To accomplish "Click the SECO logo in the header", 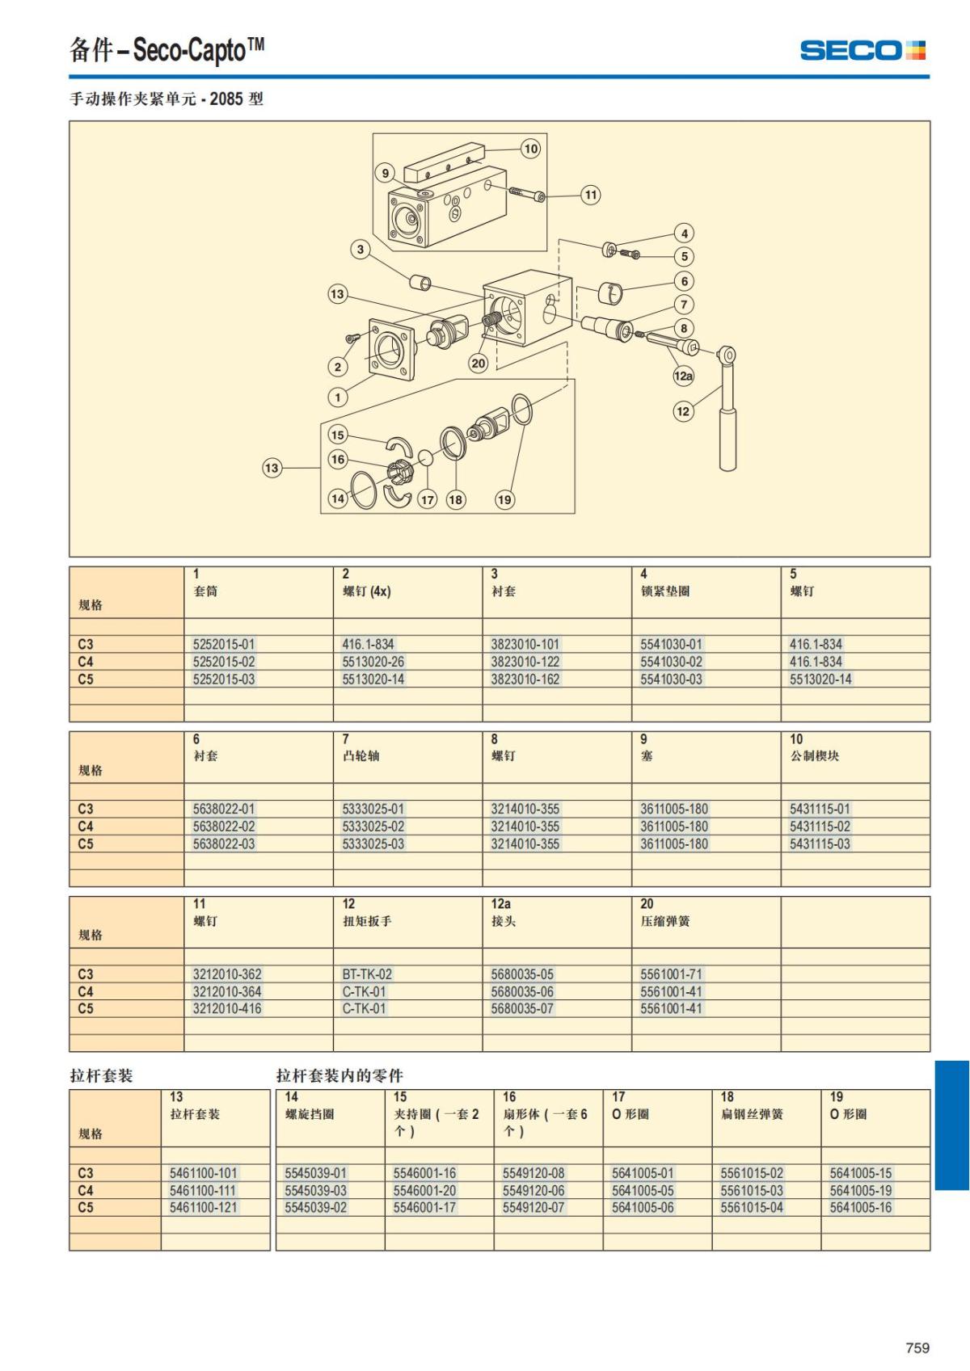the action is click(862, 49).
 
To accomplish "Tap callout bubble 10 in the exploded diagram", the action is click(530, 148).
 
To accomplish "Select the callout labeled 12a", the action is click(683, 375).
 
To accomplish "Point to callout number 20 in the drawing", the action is click(479, 363).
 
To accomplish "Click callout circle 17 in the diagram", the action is click(428, 499).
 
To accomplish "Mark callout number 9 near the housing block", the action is click(386, 173).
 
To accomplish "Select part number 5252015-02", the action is click(224, 662).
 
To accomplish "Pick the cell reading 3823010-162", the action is click(525, 679).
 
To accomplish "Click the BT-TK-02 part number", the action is click(367, 974).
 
